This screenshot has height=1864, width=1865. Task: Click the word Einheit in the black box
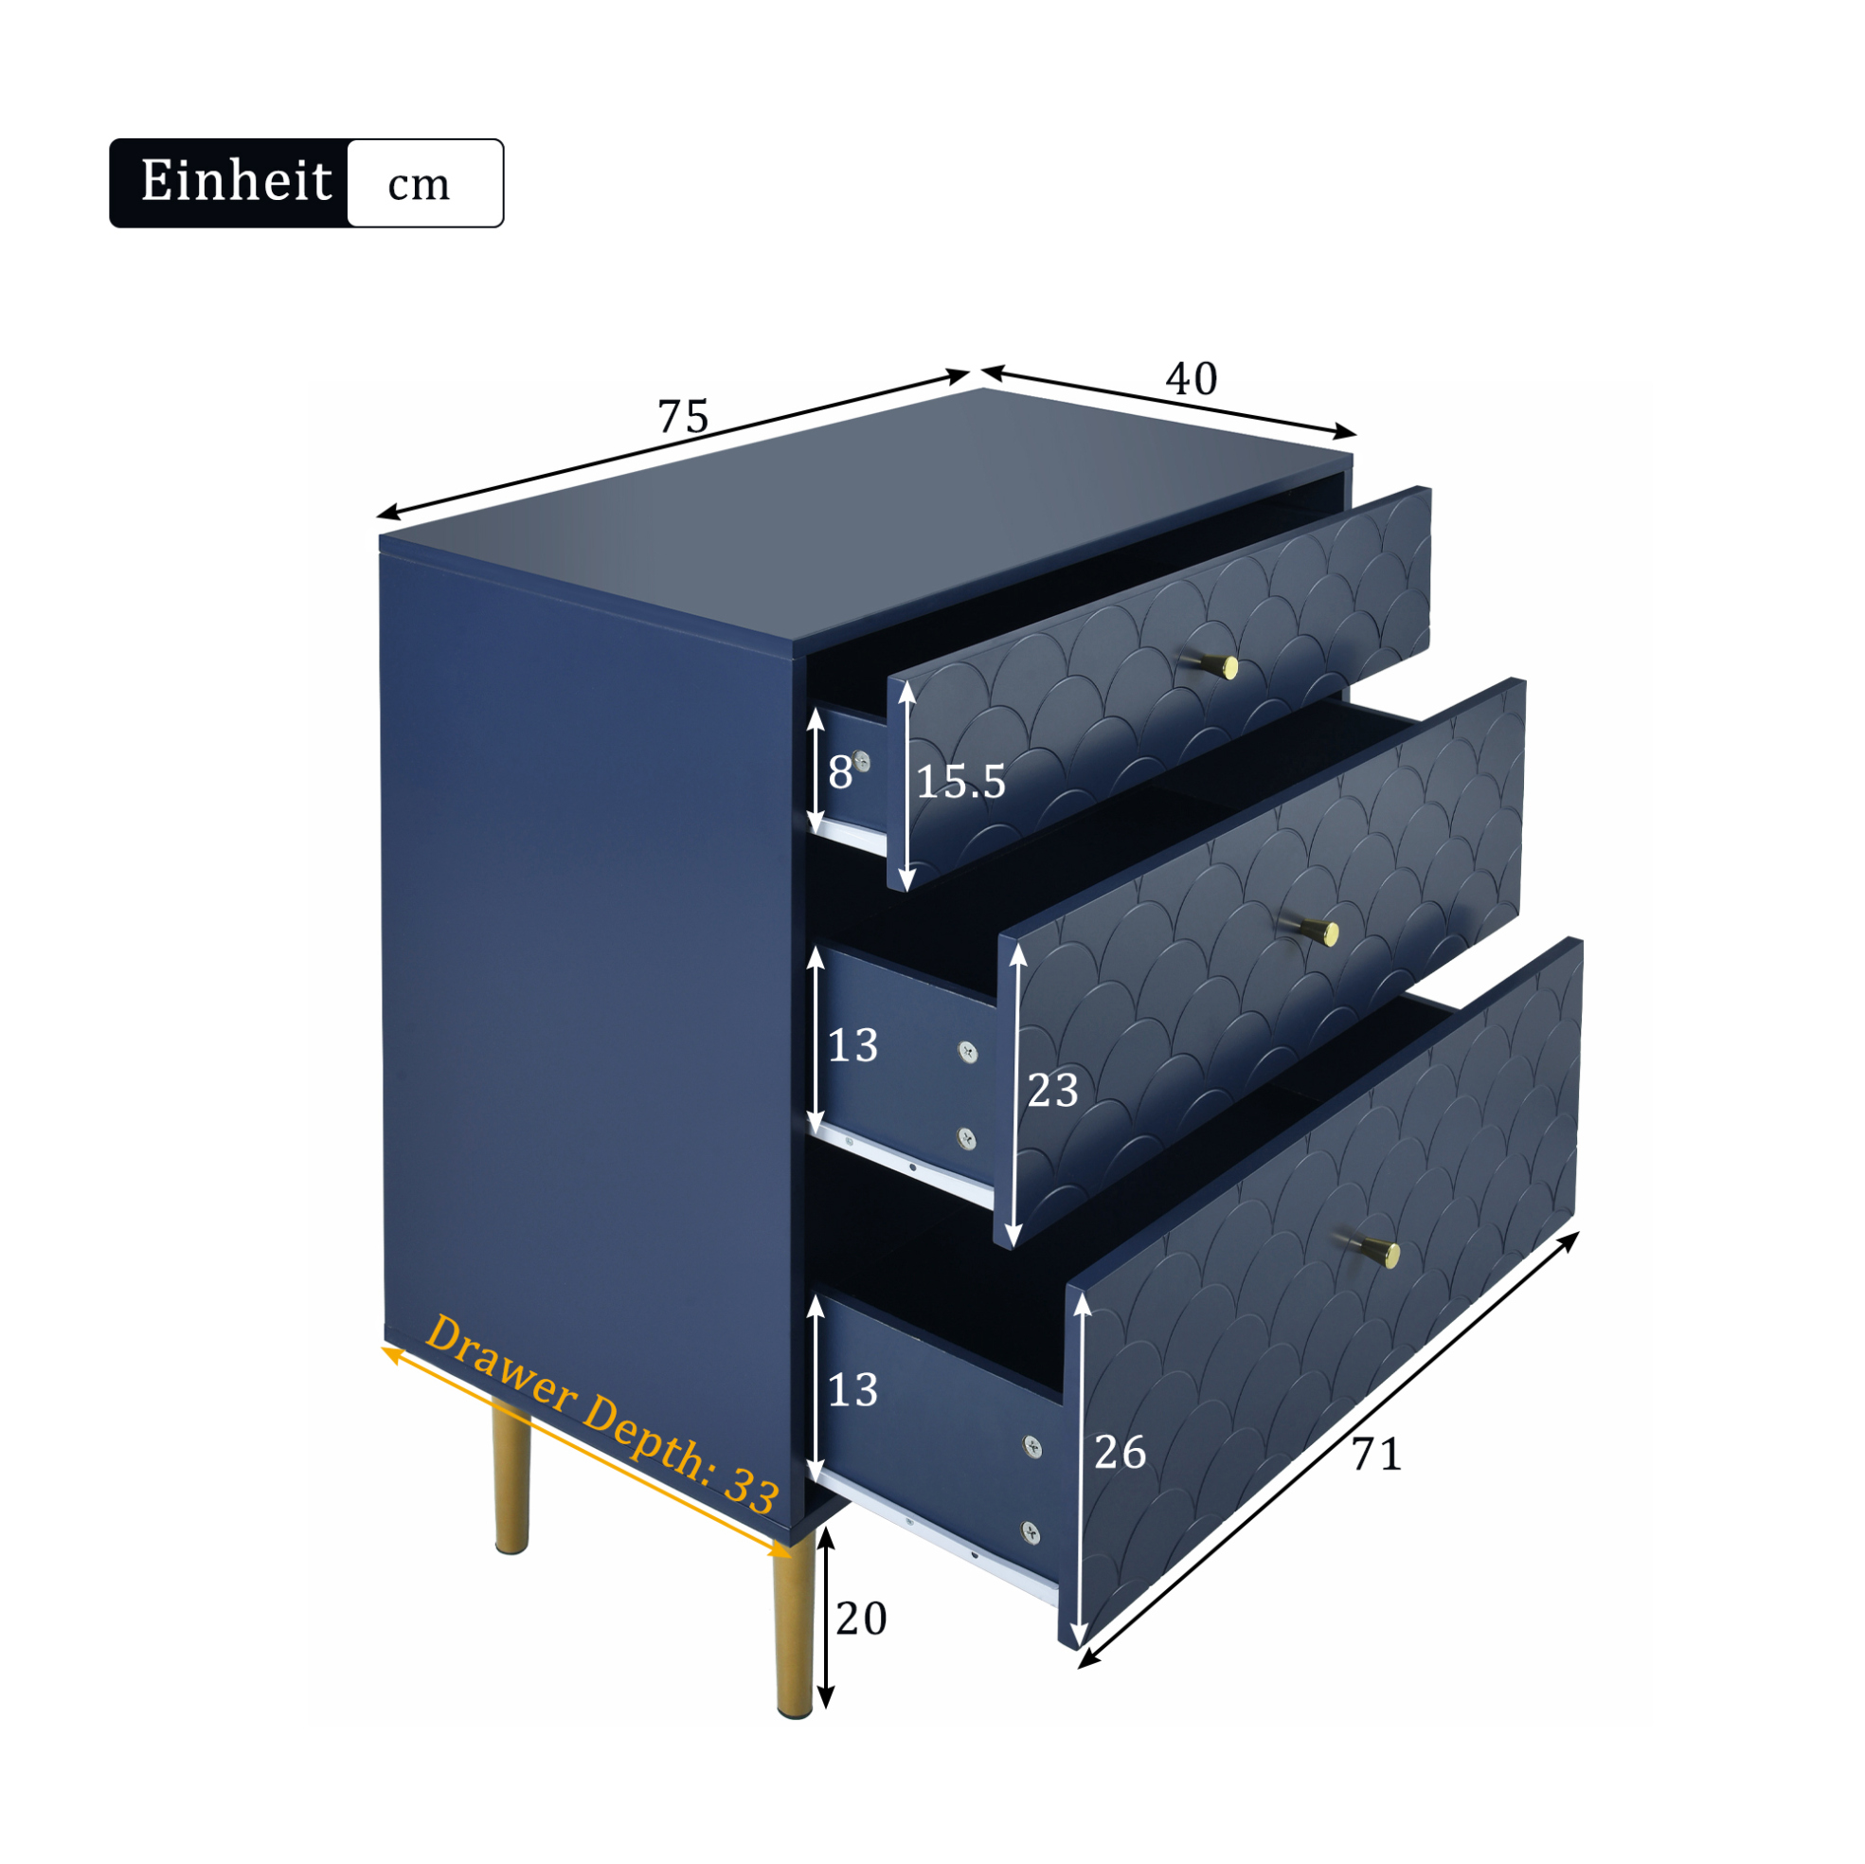pyautogui.click(x=236, y=181)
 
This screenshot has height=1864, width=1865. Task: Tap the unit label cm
pyautogui.click(x=418, y=184)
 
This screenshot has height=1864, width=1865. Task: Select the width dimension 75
pyautogui.click(x=684, y=417)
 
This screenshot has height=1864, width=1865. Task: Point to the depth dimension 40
pyautogui.click(x=1192, y=379)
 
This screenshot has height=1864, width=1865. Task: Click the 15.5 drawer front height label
pyautogui.click(x=959, y=782)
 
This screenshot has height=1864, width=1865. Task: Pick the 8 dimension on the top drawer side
pyautogui.click(x=840, y=772)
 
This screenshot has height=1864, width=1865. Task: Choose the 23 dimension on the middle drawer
pyautogui.click(x=1052, y=1091)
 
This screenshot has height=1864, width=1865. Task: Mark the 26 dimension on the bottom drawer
pyautogui.click(x=1120, y=1453)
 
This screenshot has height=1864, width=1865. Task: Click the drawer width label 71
pyautogui.click(x=1376, y=1455)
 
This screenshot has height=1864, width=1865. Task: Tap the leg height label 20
pyautogui.click(x=861, y=1619)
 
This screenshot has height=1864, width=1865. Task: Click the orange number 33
pyautogui.click(x=751, y=1489)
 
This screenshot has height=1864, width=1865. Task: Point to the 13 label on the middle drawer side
pyautogui.click(x=852, y=1046)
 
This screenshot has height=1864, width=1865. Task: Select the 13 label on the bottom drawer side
pyautogui.click(x=852, y=1391)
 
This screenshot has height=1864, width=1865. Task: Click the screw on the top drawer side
pyautogui.click(x=862, y=762)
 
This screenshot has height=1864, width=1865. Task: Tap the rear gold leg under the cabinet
pyautogui.click(x=511, y=1477)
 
